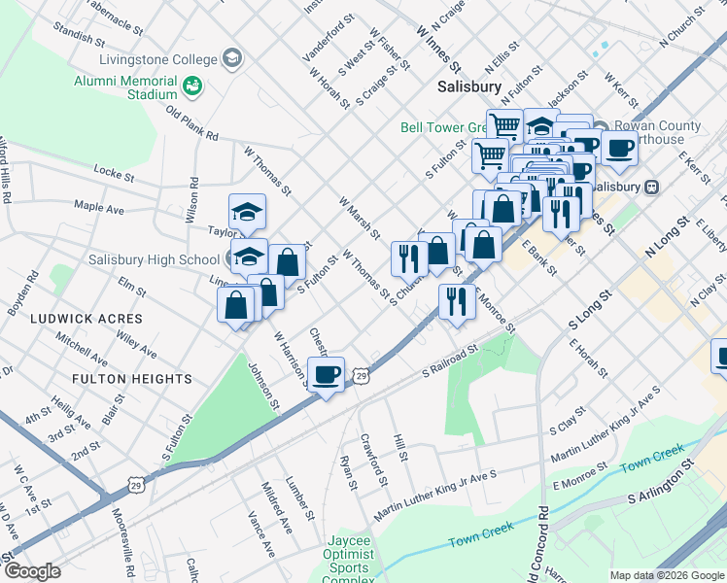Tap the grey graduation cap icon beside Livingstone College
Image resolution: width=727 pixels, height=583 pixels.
pyautogui.click(x=232, y=59)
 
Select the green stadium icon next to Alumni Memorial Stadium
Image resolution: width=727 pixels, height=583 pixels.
pyautogui.click(x=193, y=86)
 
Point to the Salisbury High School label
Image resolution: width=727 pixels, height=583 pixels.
pyautogui.click(x=167, y=259)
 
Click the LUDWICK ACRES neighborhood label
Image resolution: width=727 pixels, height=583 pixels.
pyautogui.click(x=86, y=319)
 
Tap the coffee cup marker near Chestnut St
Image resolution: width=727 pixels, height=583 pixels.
pyautogui.click(x=327, y=374)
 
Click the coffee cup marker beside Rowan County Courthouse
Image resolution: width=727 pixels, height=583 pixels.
pyautogui.click(x=619, y=149)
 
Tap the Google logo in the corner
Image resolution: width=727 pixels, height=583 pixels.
pyautogui.click(x=32, y=571)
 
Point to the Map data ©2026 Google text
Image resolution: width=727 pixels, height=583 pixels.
pyautogui.click(x=665, y=575)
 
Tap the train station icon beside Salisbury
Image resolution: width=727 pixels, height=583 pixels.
pyautogui.click(x=651, y=187)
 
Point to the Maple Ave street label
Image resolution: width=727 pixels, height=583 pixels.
pyautogui.click(x=99, y=208)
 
